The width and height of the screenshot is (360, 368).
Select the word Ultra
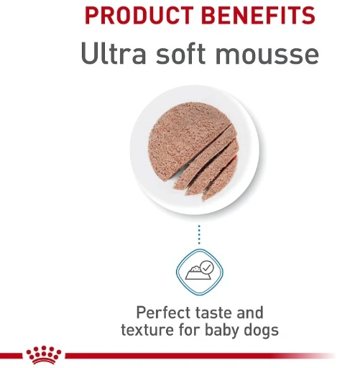tap(111, 54)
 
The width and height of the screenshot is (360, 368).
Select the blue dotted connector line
tap(199, 234)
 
